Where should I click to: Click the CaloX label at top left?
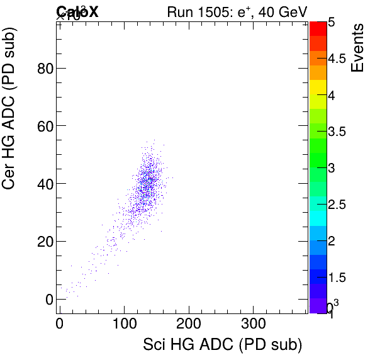(77, 11)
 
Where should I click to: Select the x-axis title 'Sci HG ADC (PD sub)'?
(223, 345)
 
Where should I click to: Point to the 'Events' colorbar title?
(358, 48)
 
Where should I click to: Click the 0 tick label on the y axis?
(48, 300)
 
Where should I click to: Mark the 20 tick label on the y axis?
(44, 242)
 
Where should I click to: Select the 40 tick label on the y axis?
(44, 184)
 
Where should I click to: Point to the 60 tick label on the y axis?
(44, 126)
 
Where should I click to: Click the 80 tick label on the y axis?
(44, 68)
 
